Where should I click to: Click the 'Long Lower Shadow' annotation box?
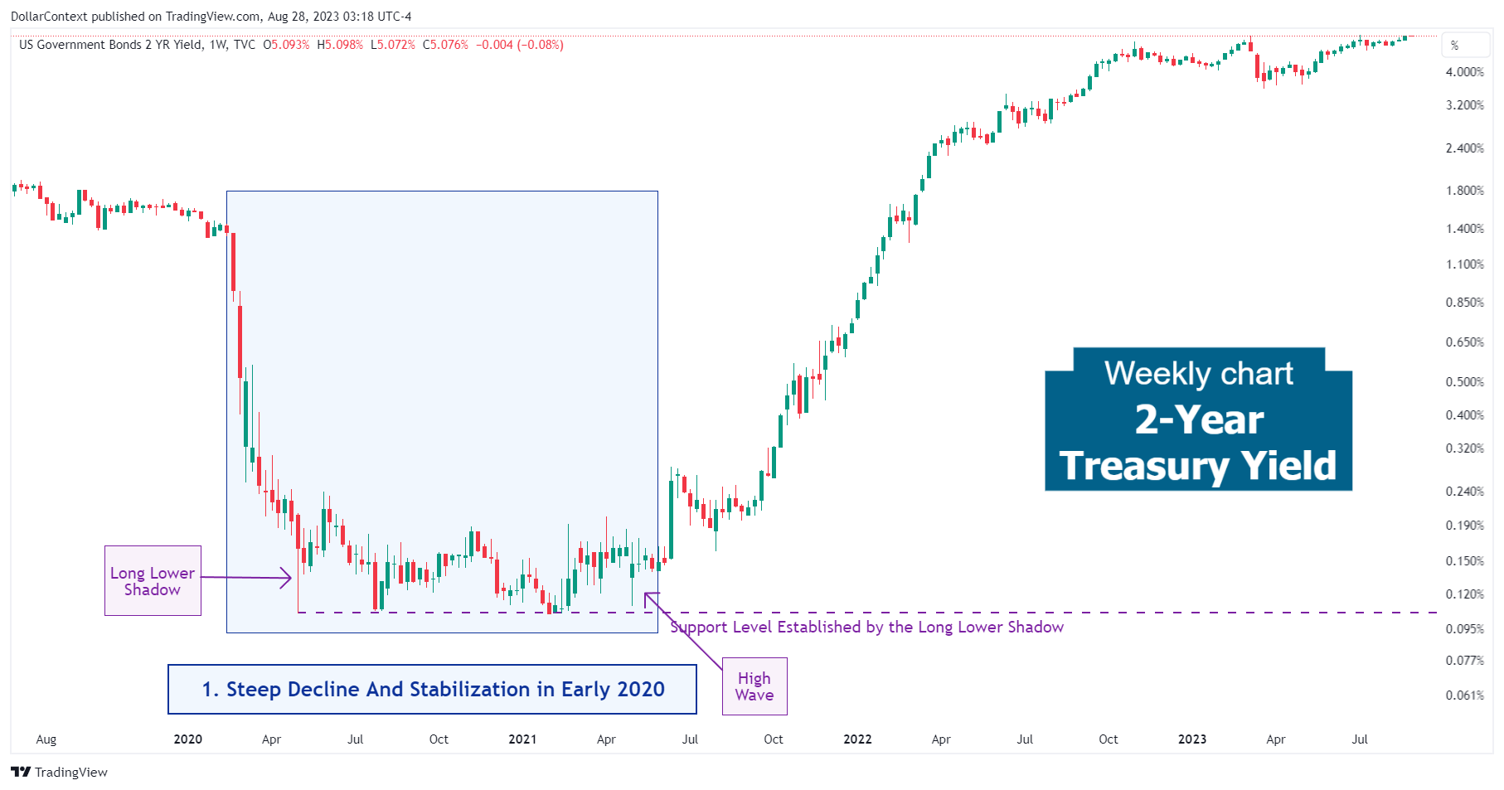tap(153, 580)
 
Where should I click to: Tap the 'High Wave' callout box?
tap(754, 686)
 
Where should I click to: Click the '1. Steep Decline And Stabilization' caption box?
tap(432, 689)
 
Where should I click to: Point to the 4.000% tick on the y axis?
tap(1464, 72)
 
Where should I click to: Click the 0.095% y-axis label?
tap(1464, 628)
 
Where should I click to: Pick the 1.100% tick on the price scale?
tap(1464, 264)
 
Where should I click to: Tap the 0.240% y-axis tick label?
tap(1464, 491)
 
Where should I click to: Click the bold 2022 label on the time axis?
tap(857, 739)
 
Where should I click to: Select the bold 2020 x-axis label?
tap(188, 739)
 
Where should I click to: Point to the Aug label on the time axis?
tap(46, 739)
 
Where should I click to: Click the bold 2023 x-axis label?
tap(1192, 739)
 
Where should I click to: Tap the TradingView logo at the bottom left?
tap(59, 772)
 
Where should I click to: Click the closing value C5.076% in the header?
tap(445, 45)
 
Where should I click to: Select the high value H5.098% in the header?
tap(340, 45)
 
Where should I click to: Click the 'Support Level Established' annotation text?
tap(866, 628)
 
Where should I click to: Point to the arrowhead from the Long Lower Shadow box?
tap(289, 578)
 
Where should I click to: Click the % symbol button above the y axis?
tap(1454, 46)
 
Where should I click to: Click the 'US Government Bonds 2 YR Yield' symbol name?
tap(110, 45)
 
